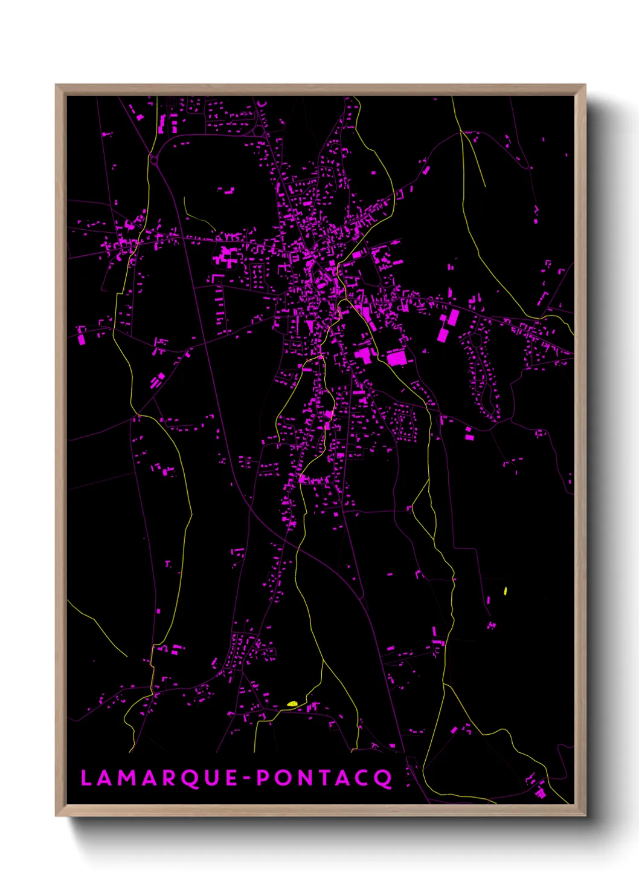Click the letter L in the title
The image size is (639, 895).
pyautogui.click(x=86, y=778)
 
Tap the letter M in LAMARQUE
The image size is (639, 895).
pyautogui.click(x=124, y=778)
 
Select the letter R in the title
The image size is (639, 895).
pyautogui.click(x=166, y=778)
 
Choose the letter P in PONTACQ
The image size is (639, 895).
pyautogui.click(x=263, y=778)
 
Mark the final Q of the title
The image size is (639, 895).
pyautogui.click(x=385, y=778)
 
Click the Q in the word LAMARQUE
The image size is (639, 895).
pyautogui.click(x=188, y=778)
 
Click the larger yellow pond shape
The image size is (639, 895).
pyautogui.click(x=292, y=703)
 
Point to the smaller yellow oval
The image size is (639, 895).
pyautogui.click(x=506, y=591)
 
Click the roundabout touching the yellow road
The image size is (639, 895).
pyautogui.click(x=153, y=160)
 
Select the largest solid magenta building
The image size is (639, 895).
pyautogui.click(x=397, y=357)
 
